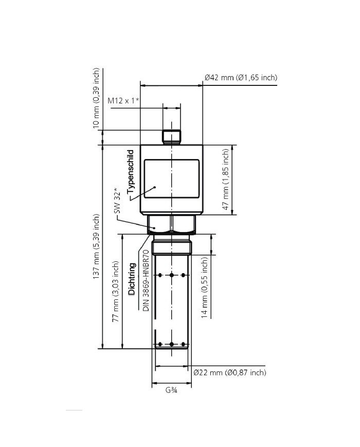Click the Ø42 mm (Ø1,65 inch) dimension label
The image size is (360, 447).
(x=241, y=78)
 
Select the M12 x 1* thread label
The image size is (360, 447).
(x=123, y=101)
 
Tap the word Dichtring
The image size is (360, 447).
(x=132, y=278)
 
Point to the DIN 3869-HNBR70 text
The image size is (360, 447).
(x=146, y=280)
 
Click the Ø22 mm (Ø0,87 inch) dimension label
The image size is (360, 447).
(x=230, y=372)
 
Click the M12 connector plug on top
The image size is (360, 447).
(x=172, y=136)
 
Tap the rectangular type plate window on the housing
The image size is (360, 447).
(x=171, y=178)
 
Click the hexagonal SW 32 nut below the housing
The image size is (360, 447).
(x=172, y=224)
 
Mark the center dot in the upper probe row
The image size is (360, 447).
(x=172, y=275)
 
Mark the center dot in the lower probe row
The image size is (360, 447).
(x=172, y=344)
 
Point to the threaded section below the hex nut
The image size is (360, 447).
(x=172, y=245)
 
